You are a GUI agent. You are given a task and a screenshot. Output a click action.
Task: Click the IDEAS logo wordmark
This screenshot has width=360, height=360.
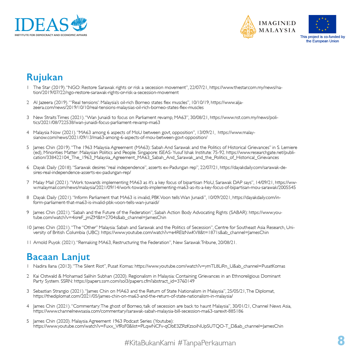[x=42, y=24]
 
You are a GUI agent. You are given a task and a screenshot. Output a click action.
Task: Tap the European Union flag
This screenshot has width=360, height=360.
[x=322, y=24]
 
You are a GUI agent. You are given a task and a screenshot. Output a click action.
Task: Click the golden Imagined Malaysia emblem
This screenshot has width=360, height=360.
[x=248, y=27]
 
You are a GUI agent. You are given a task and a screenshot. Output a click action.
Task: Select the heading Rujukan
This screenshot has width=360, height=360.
[x=45, y=77]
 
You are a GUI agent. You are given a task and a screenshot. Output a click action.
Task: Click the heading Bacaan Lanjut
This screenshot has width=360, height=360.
[x=58, y=257]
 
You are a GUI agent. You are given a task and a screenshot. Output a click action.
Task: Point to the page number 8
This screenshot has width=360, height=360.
[x=341, y=341]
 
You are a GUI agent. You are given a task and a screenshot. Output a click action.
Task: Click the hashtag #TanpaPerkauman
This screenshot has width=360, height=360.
[x=207, y=343]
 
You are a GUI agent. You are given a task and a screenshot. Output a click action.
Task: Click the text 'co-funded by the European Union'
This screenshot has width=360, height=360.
[x=322, y=39]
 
